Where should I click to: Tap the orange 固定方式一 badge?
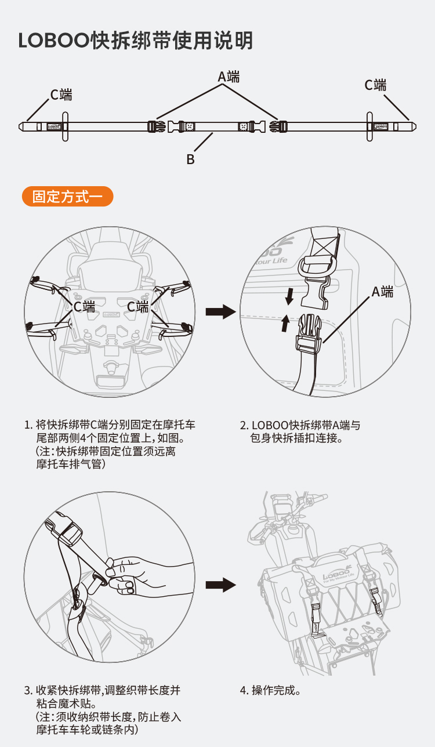point(67,196)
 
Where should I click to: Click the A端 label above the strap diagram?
point(229,77)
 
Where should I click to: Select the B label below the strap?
point(190,159)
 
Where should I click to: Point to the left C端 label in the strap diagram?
point(61,94)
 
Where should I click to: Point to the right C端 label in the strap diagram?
point(375,85)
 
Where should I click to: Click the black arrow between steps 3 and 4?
point(220,585)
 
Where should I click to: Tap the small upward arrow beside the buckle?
point(285,324)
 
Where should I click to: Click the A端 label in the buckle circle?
point(382,292)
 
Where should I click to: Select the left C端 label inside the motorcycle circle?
point(84,306)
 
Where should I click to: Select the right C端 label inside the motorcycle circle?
point(138,306)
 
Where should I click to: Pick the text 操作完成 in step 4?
point(275,691)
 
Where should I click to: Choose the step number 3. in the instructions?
point(28,691)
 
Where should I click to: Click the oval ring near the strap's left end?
point(65,126)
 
